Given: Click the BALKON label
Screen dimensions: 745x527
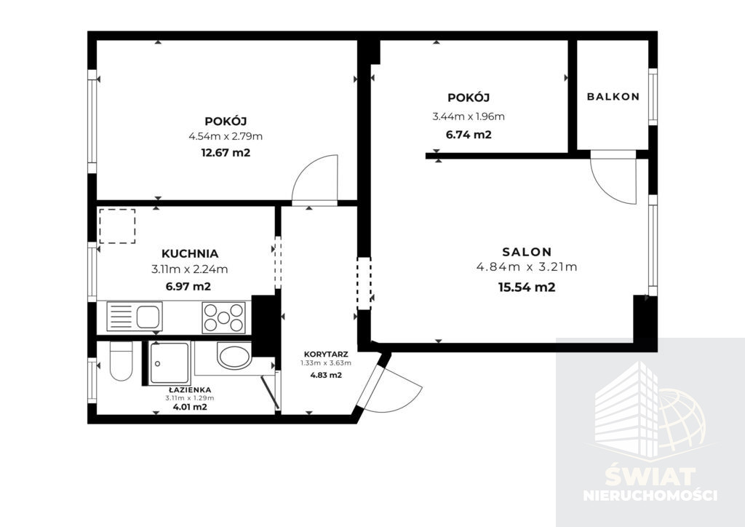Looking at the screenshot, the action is [613, 97].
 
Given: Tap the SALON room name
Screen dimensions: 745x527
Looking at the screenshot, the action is [527, 252].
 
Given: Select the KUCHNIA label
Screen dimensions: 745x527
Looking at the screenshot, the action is [190, 254].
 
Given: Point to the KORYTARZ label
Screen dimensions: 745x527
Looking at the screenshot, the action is [326, 354].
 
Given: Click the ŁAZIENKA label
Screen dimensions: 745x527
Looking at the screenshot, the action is [189, 390].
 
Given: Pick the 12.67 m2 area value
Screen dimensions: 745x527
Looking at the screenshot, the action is [226, 153].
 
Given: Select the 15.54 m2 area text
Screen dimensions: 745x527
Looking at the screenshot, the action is [527, 288].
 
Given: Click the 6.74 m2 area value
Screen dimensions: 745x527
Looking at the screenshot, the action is [469, 135].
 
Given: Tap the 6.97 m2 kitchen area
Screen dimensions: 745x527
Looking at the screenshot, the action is [188, 287].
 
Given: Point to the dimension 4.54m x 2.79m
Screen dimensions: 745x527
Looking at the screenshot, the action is [226, 137].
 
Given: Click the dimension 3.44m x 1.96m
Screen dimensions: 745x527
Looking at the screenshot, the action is [469, 116].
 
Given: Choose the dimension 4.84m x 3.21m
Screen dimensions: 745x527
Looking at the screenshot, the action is [527, 267].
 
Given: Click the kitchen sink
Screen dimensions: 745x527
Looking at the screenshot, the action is [135, 317].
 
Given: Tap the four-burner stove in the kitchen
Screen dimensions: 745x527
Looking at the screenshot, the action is [224, 317].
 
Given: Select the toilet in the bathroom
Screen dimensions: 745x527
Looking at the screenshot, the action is [121, 361].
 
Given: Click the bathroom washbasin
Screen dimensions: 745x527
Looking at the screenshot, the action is [234, 355].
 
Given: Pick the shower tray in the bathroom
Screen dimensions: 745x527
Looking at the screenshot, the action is [169, 363].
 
